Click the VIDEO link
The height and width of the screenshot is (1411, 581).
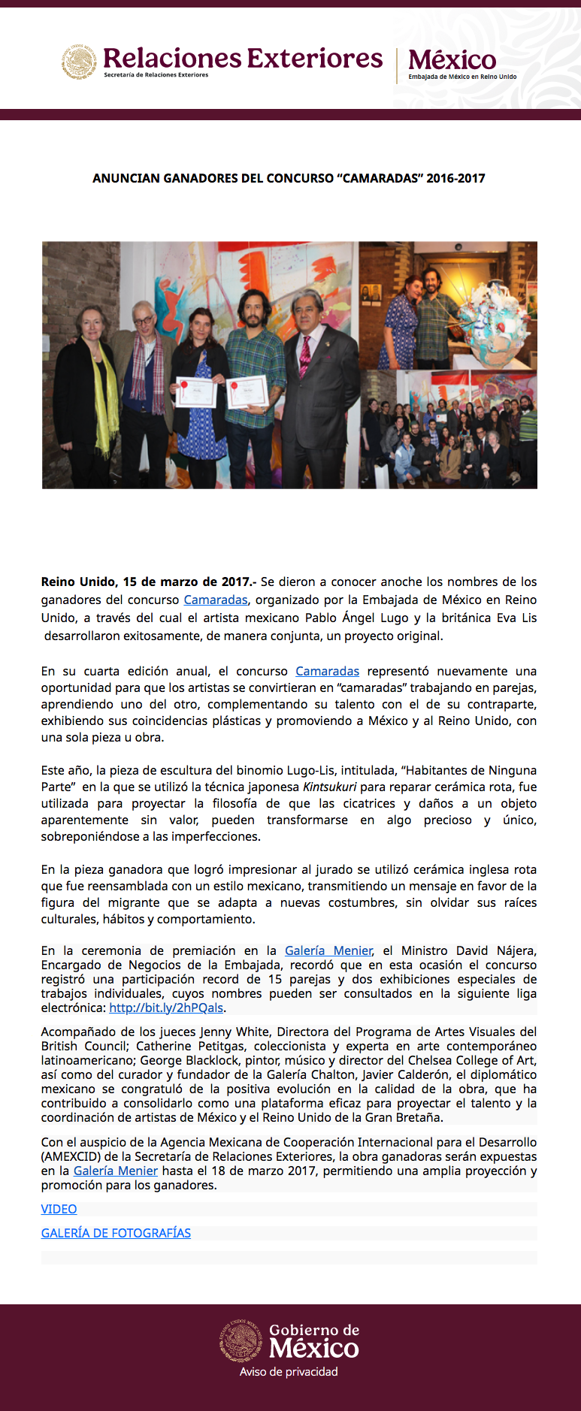pos(59,1209)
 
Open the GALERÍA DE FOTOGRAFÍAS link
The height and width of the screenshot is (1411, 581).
pos(116,1233)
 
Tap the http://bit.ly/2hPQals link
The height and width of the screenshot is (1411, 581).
pos(166,1008)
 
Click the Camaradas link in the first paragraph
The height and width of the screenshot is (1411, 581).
pos(216,600)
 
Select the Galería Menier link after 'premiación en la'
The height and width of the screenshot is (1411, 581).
pos(328,950)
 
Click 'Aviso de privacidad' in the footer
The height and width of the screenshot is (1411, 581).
pos(289,1372)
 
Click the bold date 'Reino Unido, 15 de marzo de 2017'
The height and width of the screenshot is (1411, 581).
pos(147,582)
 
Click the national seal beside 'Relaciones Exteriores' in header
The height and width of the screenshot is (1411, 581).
pos(79,62)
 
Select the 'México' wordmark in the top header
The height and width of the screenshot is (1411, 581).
pos(452,59)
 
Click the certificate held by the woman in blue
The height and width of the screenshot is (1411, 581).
pos(196,391)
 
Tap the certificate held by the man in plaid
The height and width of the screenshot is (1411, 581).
pos(247,391)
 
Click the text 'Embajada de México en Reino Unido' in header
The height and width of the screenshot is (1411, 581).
pos(462,77)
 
